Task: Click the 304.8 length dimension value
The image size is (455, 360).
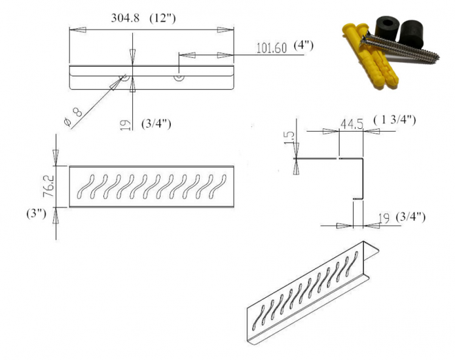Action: point(125,18)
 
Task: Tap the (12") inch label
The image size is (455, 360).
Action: point(162,18)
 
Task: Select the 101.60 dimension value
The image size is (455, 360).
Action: point(271,48)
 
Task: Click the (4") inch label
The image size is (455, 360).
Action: point(304,46)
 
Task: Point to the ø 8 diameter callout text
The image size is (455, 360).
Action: point(73,117)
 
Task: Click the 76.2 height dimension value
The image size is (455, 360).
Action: point(48,186)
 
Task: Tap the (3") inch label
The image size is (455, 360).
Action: point(36,214)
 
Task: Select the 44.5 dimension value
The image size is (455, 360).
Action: point(352,124)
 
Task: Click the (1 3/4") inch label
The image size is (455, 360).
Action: point(394,120)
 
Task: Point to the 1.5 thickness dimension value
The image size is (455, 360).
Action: point(289,137)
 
